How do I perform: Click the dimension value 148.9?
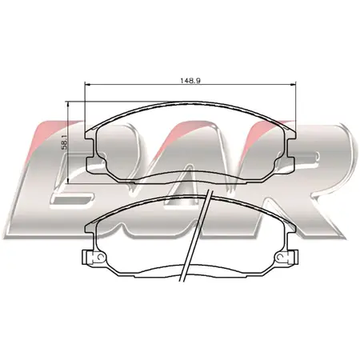(190, 80)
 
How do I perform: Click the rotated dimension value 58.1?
(66, 142)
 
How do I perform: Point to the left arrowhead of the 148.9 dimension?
(88, 85)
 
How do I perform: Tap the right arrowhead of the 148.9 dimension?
(293, 85)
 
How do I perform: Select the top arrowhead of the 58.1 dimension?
(69, 105)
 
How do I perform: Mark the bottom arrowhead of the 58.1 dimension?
(69, 180)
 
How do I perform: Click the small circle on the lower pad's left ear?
(100, 257)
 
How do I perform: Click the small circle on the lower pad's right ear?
(280, 257)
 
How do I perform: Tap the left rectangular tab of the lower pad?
(85, 258)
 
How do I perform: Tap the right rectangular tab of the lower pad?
(295, 258)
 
